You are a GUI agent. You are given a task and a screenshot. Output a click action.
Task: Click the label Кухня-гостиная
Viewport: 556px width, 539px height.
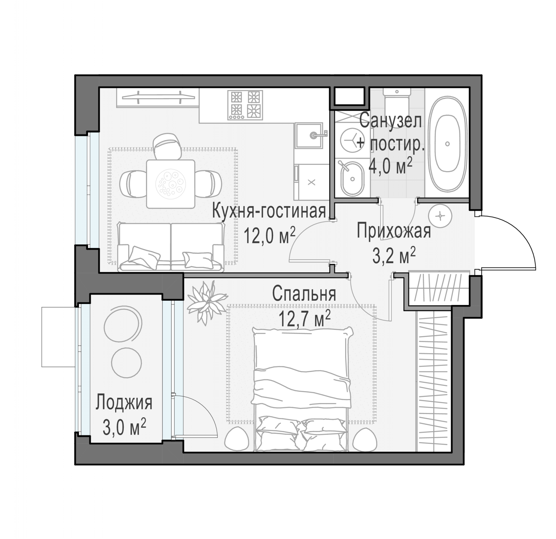269,211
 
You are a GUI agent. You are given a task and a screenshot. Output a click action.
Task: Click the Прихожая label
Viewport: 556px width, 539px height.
394,231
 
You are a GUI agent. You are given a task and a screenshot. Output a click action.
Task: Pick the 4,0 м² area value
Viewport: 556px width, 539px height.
390,166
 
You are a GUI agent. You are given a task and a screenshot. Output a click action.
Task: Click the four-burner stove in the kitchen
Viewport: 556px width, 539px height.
245,105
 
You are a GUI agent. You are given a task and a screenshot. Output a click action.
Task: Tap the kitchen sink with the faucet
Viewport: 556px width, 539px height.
309,136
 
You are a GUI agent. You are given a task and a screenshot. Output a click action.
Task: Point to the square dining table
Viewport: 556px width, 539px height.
171,184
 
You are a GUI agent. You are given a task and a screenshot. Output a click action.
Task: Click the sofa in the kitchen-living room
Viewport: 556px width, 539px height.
171,247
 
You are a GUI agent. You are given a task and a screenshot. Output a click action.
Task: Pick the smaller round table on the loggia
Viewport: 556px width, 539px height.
126,362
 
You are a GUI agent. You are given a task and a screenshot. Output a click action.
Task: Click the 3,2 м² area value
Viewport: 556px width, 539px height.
394,255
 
